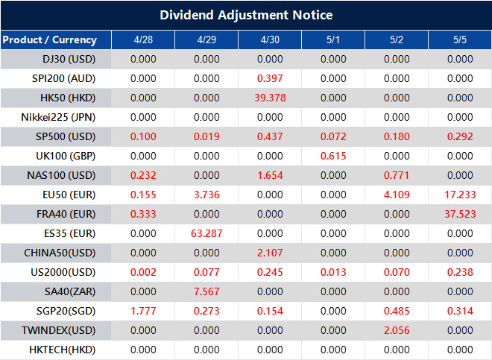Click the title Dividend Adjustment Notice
coord(246,15)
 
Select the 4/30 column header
coord(270,40)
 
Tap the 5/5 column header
coord(460,40)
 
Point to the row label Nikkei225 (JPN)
coord(59,117)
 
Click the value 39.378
coord(270,98)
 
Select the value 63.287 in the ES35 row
coord(206,233)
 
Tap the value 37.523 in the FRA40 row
coord(460,214)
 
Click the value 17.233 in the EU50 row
coord(460,195)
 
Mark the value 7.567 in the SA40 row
coord(206,291)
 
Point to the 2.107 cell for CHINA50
coord(270,253)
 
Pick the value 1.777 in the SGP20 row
coord(143,311)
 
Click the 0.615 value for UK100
coord(333,156)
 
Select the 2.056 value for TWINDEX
coord(397,330)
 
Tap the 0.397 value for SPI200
coord(270,78)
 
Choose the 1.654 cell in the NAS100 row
coord(270,175)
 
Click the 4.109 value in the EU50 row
coord(397,195)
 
